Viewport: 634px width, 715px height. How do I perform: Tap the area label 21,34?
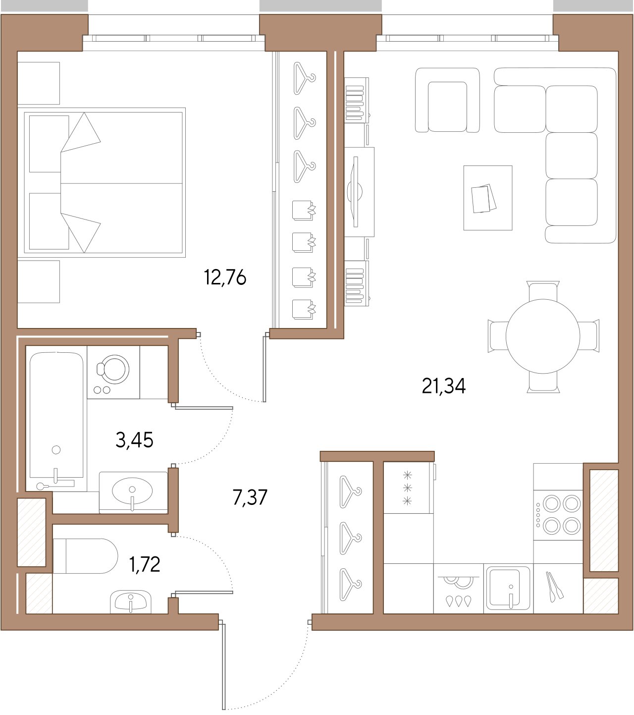(443, 385)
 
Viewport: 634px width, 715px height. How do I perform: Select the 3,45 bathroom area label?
(134, 440)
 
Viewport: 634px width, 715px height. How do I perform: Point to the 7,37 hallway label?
(250, 497)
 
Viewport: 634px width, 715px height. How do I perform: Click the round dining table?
(543, 336)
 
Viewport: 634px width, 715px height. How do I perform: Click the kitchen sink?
(508, 588)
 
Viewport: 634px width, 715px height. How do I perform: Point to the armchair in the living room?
(447, 100)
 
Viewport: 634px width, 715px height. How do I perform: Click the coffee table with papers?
(487, 198)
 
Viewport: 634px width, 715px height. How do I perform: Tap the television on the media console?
(355, 192)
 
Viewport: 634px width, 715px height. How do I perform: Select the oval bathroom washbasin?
(132, 491)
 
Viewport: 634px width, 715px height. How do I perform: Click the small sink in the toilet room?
(131, 602)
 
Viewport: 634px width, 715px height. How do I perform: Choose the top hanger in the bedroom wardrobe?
(304, 78)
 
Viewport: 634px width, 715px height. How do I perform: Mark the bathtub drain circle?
(56, 449)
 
